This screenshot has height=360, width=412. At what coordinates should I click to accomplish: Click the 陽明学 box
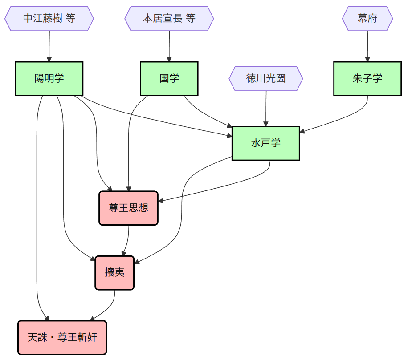[49, 78]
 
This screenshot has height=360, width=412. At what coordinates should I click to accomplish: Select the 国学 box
[169, 78]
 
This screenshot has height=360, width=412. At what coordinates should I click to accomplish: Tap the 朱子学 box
[367, 78]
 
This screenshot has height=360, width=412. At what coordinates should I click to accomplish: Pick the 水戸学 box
[266, 143]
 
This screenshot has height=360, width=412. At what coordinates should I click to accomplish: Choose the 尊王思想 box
[129, 208]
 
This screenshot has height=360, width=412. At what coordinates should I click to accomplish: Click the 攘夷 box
[114, 273]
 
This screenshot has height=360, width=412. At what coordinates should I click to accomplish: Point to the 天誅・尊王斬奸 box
[62, 337]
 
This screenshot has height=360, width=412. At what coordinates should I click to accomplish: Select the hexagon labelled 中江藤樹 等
[49, 19]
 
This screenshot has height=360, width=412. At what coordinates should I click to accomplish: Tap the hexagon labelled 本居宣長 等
[169, 19]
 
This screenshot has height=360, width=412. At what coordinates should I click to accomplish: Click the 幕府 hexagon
[367, 19]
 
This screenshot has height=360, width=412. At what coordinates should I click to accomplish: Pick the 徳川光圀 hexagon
[266, 79]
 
